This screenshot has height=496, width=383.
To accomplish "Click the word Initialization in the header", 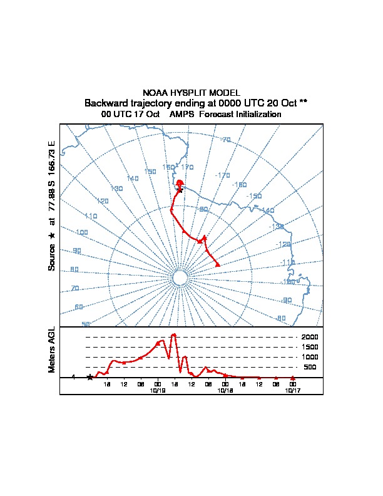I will pyautogui.click(x=257, y=115).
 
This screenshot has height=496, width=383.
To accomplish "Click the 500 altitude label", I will pyautogui.click(x=311, y=367).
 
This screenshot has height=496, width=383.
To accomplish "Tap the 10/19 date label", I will pyautogui.click(x=157, y=390).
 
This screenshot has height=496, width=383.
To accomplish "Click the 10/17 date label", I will pyautogui.click(x=293, y=390).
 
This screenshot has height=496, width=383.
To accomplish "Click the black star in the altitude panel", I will pyautogui.click(x=89, y=377).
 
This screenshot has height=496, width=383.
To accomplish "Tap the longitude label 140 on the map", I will pyautogui.click(x=132, y=178).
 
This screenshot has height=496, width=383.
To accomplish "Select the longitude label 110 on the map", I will pyautogui.click(x=91, y=216).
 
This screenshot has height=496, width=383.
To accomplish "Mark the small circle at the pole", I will pyautogui.click(x=180, y=278).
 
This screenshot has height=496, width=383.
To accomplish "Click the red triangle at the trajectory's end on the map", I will pyautogui.click(x=218, y=264).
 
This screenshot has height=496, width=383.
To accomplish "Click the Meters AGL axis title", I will pyautogui.click(x=52, y=349).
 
